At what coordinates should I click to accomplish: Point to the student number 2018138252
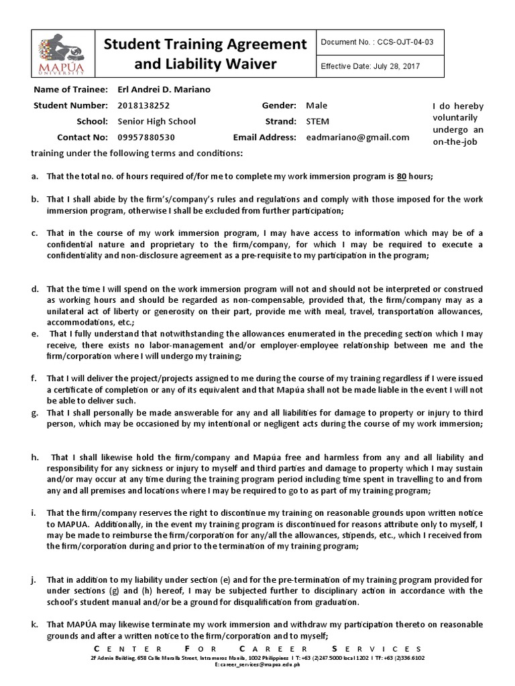(144, 106)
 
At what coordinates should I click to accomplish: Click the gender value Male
(317, 106)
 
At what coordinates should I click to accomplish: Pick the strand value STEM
(319, 121)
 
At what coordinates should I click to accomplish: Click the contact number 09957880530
(146, 137)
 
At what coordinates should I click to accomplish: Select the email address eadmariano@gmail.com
(357, 137)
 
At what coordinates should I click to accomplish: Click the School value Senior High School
(156, 121)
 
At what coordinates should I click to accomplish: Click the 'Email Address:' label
(264, 137)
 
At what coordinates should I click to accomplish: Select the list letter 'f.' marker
(34, 378)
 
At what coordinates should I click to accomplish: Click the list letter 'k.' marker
(34, 624)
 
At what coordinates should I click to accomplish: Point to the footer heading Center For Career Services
(257, 649)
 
